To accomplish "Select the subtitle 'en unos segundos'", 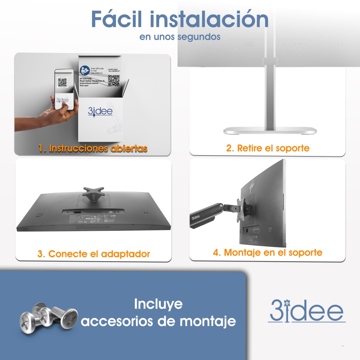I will pyautogui.click(x=180, y=37).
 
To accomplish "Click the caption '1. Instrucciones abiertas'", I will pyautogui.click(x=93, y=148).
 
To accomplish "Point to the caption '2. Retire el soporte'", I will pyautogui.click(x=268, y=148).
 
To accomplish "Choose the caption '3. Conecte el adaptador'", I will pyautogui.click(x=94, y=254).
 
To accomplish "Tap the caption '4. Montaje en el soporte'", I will pyautogui.click(x=267, y=252).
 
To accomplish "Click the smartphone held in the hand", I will pyautogui.click(x=64, y=90).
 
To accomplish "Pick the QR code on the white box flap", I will pyautogui.click(x=114, y=81).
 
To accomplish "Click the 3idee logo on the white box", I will pyautogui.click(x=100, y=111).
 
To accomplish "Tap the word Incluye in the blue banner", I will pyautogui.click(x=158, y=304).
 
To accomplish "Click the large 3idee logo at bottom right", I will pyautogui.click(x=306, y=310).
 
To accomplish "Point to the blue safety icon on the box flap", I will pyautogui.click(x=84, y=71).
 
